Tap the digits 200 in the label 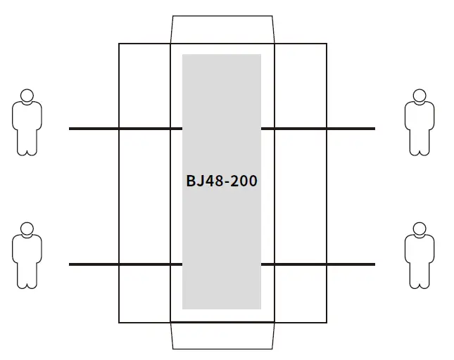(x=243, y=181)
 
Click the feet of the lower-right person (x=420, y=285)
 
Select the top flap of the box (x=222, y=30)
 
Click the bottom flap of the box (x=222, y=335)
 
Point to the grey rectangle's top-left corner (x=183, y=55)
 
